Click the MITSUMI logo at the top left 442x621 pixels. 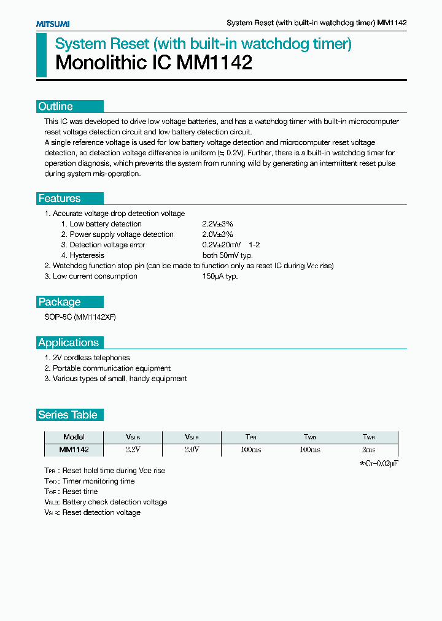tap(52, 23)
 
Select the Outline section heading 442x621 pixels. tap(56, 106)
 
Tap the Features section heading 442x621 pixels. tap(60, 198)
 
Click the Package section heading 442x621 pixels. tap(60, 302)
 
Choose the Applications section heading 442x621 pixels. tap(68, 342)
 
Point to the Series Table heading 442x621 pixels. tap(68, 415)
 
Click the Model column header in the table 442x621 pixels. tap(74, 438)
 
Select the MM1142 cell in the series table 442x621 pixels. tap(74, 450)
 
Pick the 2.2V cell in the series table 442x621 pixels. tap(133, 450)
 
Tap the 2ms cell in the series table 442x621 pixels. tap(368, 450)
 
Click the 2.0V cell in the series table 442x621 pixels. tap(192, 450)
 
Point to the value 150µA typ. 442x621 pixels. tap(220, 276)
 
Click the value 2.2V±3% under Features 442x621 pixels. tap(217, 224)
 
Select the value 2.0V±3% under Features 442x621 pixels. tap(217, 234)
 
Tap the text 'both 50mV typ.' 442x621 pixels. tap(227, 255)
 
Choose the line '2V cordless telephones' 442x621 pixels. tap(91, 358)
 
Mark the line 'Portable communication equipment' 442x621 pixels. tap(111, 368)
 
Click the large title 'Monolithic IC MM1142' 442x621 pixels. tap(153, 63)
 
